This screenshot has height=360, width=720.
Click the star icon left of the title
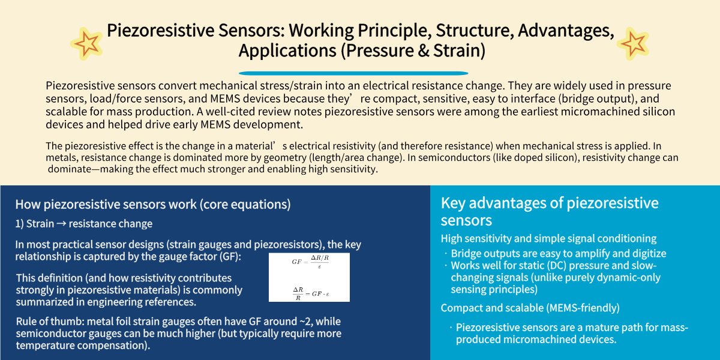[86, 43]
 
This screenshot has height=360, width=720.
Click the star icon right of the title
[633, 43]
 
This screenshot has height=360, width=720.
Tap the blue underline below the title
[353, 73]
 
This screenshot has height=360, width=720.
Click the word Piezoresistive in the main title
[160, 31]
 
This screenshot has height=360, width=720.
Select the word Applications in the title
[287, 51]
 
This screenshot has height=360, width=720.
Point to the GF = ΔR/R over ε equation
[310, 262]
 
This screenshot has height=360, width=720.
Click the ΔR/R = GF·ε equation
[311, 293]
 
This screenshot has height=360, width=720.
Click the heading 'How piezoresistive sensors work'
[106, 205]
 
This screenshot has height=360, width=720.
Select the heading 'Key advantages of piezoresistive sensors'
[550, 211]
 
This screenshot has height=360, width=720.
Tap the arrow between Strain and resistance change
[61, 224]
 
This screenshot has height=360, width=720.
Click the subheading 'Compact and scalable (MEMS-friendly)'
[530, 308]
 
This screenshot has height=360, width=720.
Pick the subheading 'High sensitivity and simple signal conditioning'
[548, 239]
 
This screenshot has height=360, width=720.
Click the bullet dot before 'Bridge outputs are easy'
[446, 253]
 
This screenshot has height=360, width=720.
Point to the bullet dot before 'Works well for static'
[446, 265]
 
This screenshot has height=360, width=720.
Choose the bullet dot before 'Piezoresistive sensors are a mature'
[451, 328]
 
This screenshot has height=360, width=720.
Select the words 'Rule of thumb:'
[50, 322]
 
